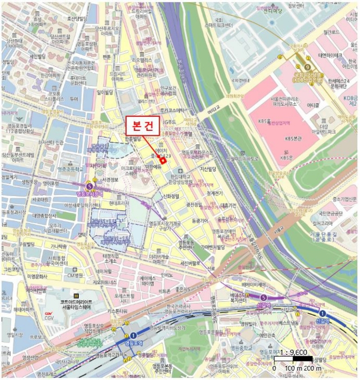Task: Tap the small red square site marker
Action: (162, 160)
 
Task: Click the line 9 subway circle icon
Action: (308, 66)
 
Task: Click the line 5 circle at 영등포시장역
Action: (89, 186)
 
